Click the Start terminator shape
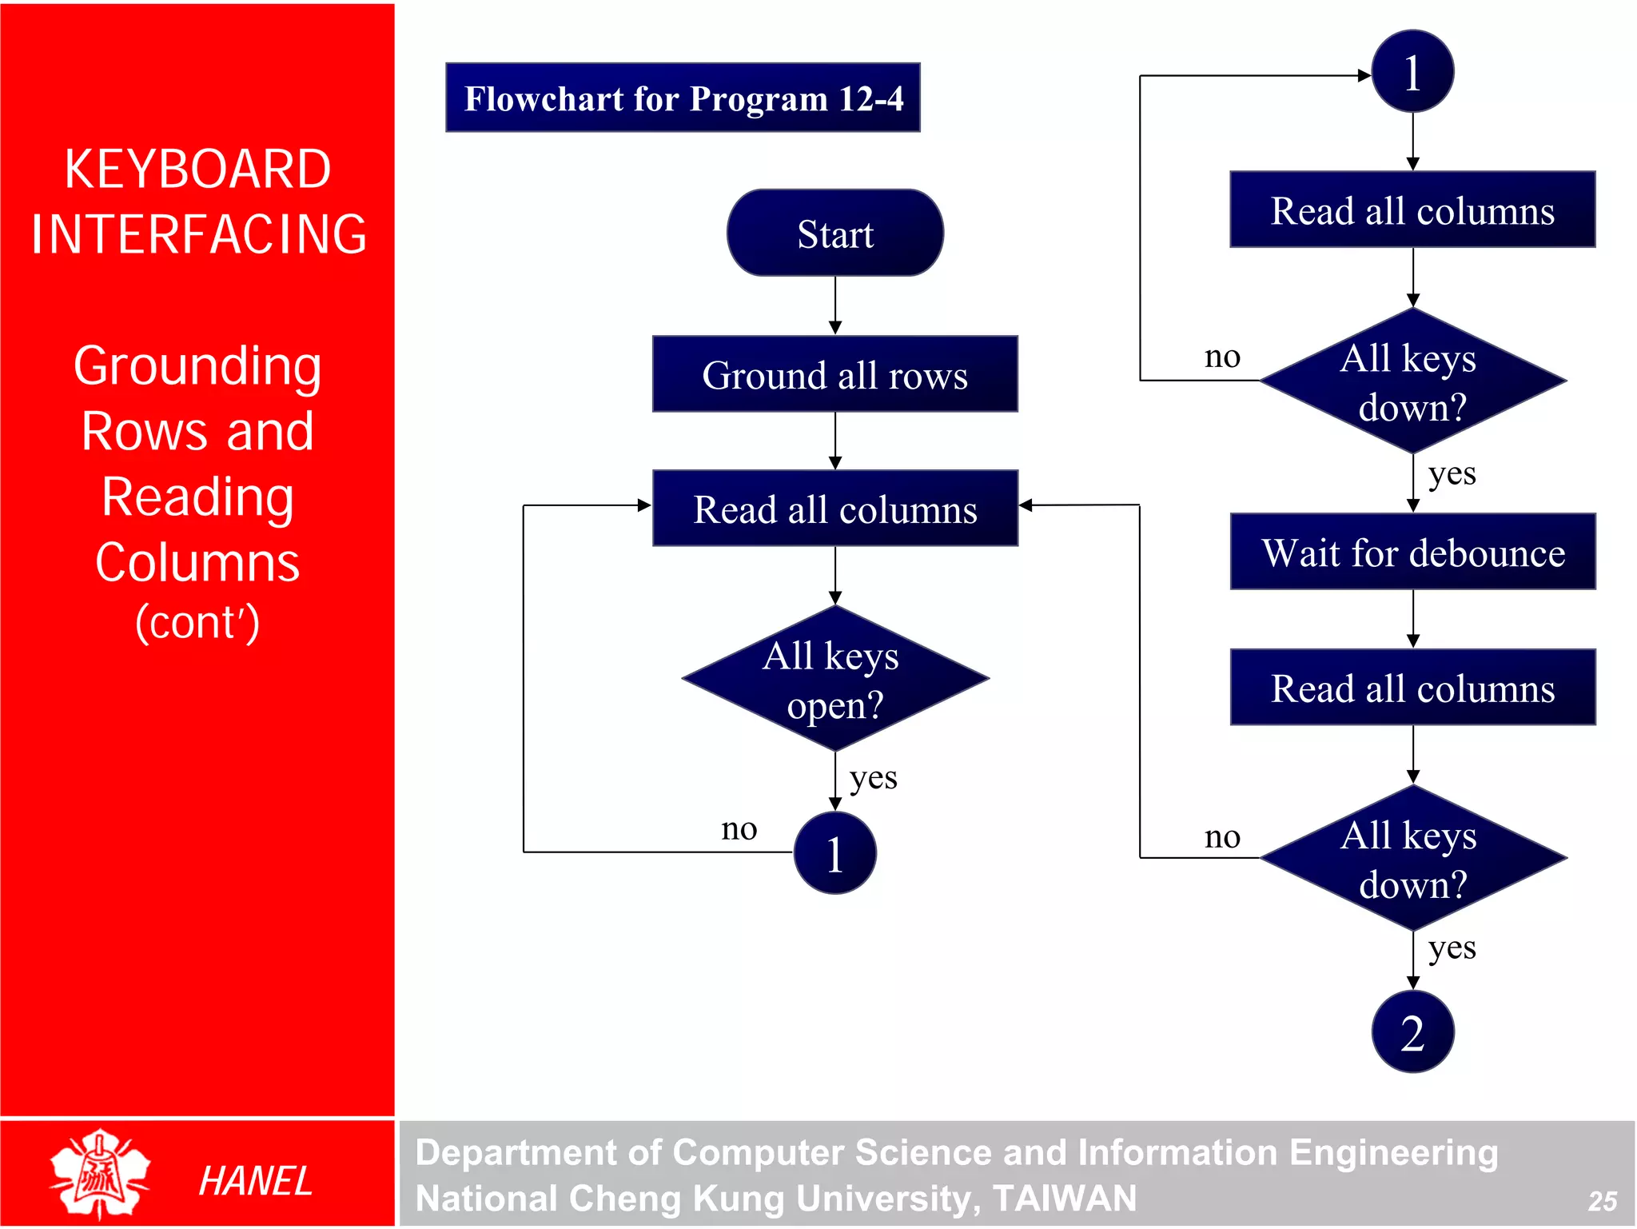pos(834,233)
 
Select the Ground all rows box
pos(834,374)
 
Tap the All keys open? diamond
pos(834,679)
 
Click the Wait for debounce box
pos(1412,553)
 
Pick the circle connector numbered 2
pos(1412,1031)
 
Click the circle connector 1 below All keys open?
pos(834,853)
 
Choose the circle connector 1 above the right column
pos(1412,72)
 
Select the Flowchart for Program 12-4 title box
pos(683,98)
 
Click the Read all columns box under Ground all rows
pos(834,509)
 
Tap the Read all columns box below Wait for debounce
pos(1412,688)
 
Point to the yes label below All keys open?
pos(873,778)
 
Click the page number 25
pos(1602,1200)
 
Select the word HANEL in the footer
pos(255,1181)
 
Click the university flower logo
pos(99,1173)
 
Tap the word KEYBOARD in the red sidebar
pos(197,170)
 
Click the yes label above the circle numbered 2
pos(1452,949)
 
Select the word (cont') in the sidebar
pos(197,622)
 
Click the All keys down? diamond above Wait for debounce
pos(1412,381)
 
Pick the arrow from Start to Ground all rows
pos(834,305)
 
